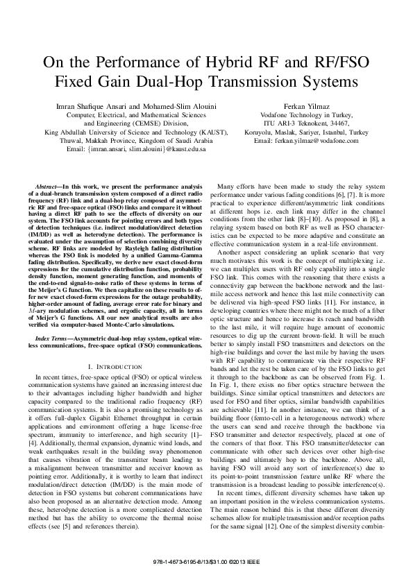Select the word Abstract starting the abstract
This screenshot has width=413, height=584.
pyautogui.click(x=47, y=188)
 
